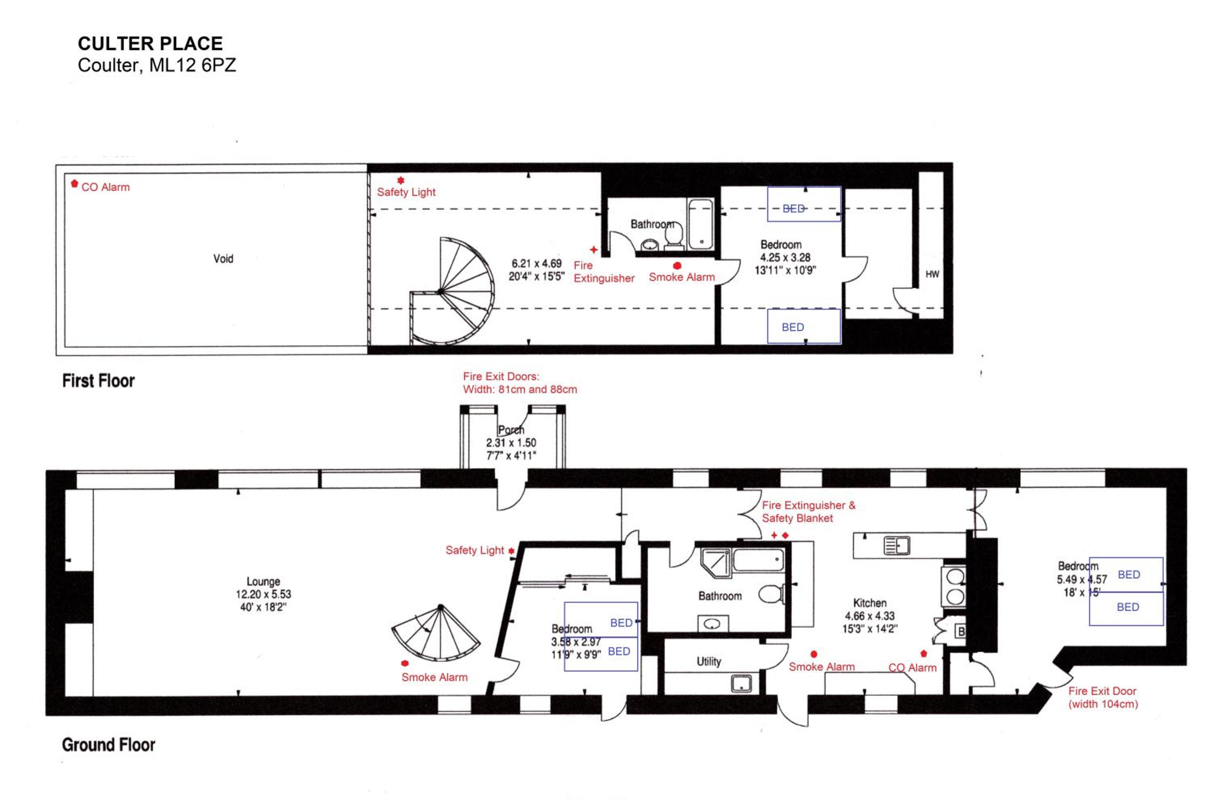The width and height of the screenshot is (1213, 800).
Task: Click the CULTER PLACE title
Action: coord(150,44)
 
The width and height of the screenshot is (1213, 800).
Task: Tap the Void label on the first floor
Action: coord(224,259)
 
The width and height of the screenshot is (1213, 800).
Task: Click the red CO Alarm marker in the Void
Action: coord(74,183)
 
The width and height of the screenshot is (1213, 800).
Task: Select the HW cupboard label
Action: coord(932,275)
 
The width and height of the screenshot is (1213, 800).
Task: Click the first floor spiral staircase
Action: coord(452,291)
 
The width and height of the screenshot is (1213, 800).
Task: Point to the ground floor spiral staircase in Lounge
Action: coord(436,632)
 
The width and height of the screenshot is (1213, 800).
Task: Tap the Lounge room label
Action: coord(263,581)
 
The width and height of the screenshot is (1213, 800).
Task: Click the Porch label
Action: coord(511,430)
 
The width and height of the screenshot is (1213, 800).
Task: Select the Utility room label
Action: coord(709,661)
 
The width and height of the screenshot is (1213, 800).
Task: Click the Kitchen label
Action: coord(870,603)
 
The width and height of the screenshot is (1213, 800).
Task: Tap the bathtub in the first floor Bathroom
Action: coord(700,224)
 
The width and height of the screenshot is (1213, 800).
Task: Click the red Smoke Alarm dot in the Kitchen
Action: coord(814,654)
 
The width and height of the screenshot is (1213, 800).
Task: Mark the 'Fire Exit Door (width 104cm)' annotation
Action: coord(1103,697)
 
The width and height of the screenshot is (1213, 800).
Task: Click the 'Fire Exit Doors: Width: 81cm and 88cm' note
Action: coord(520,383)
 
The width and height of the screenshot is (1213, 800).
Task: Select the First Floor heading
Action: coord(98,381)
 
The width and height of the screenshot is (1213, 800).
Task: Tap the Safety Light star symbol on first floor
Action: coord(401,180)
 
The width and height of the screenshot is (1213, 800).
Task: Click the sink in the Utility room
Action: coord(741,683)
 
